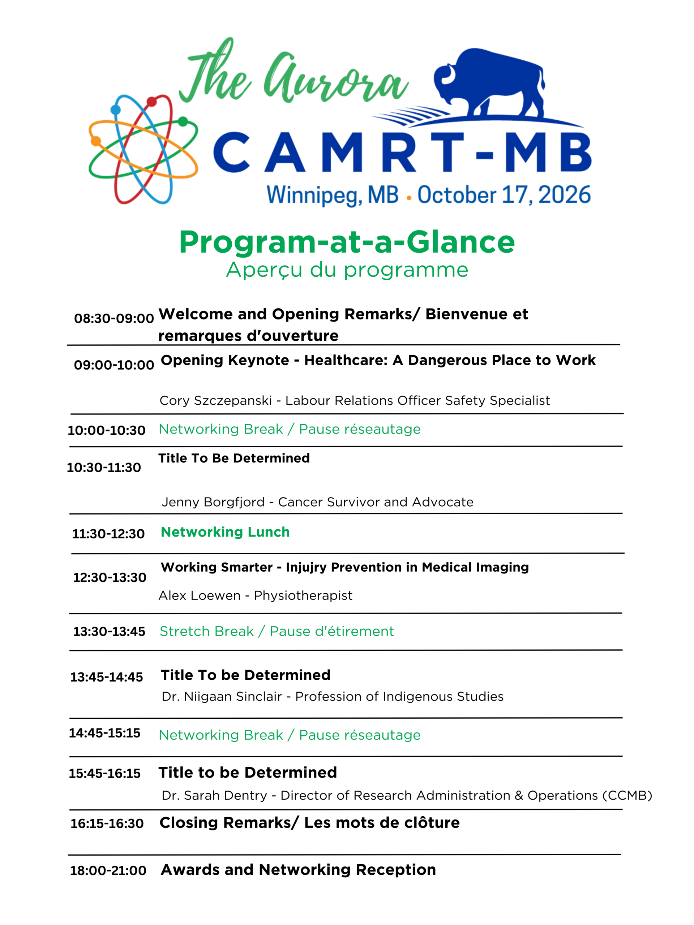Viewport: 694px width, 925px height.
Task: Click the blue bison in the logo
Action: [x=489, y=83]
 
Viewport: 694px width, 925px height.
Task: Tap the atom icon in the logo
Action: [x=143, y=149]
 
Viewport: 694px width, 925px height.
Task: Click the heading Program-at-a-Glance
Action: [x=347, y=242]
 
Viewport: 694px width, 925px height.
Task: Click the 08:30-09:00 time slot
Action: [x=114, y=318]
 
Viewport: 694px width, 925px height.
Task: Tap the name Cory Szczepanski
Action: [x=215, y=401]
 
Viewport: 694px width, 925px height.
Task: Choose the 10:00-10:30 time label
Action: [x=106, y=430]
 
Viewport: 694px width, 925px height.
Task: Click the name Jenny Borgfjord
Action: [x=213, y=502]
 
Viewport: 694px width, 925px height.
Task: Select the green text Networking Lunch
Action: [x=225, y=532]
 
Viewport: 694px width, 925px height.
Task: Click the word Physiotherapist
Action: [x=303, y=595]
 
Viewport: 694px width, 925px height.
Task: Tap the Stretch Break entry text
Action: [x=277, y=631]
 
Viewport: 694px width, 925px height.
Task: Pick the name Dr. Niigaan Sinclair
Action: [x=222, y=696]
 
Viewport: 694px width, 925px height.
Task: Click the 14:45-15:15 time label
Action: [x=104, y=733]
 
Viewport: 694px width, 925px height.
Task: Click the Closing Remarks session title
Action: [x=309, y=822]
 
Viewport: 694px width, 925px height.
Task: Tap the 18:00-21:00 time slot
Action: [x=108, y=871]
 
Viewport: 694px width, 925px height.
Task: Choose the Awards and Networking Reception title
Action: [x=298, y=870]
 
